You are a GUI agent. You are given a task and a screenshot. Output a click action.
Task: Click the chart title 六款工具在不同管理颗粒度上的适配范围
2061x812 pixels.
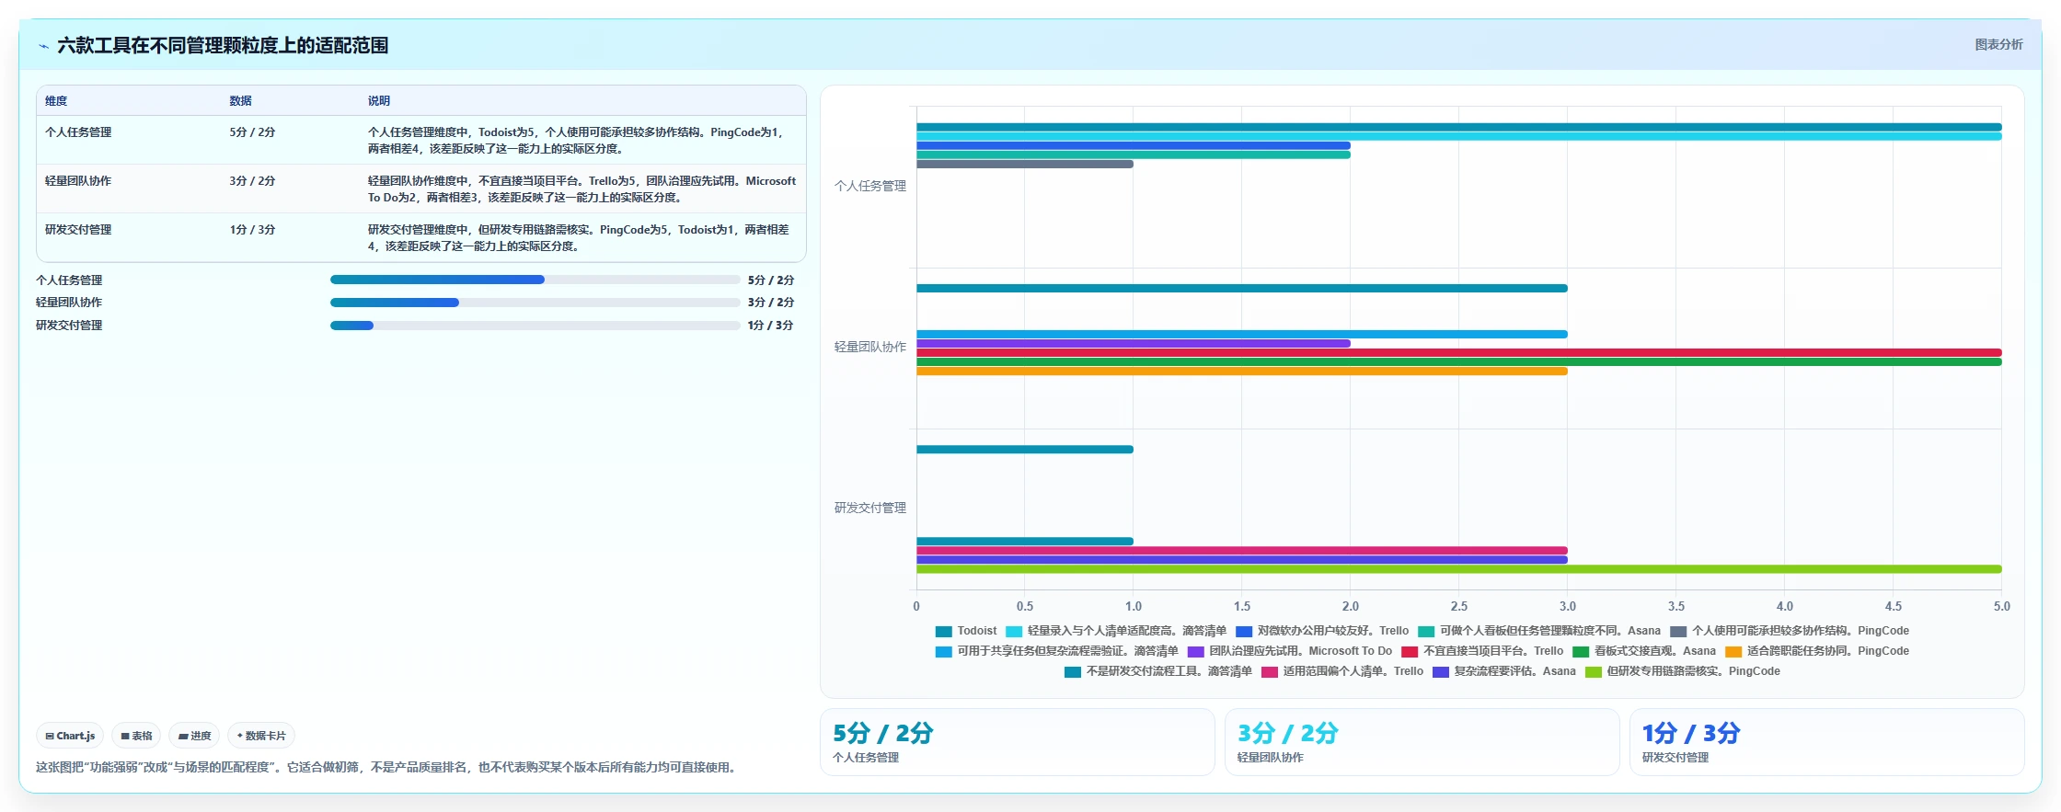(223, 45)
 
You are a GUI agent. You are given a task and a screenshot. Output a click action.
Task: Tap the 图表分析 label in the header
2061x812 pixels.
(1998, 44)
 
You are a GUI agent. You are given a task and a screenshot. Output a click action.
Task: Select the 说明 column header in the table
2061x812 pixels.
(379, 101)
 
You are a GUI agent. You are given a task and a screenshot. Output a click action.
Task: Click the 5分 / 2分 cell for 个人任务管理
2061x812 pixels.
(252, 132)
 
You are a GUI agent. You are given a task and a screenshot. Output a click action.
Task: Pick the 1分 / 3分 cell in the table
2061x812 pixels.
(252, 230)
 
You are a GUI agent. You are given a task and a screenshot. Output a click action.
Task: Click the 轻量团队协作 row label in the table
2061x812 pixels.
(78, 181)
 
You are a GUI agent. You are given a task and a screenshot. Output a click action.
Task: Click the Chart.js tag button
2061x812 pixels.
(70, 736)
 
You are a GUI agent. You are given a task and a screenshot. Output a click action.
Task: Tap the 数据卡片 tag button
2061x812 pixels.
(261, 736)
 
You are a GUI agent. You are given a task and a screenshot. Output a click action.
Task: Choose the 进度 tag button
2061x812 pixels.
(194, 736)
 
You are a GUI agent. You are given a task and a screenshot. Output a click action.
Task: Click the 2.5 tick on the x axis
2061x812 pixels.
(1459, 607)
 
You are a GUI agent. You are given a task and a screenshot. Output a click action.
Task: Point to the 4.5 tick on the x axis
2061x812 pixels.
(1894, 607)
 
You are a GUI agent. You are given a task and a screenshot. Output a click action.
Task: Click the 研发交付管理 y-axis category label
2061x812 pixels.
(870, 508)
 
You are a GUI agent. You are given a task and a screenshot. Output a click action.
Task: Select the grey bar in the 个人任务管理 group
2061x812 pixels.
(1025, 165)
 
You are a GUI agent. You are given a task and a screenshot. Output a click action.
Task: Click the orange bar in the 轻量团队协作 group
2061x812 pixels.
(1242, 372)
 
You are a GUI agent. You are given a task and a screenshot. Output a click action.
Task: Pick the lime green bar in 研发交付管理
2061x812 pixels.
(1459, 569)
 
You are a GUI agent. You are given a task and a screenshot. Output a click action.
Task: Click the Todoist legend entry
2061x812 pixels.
(966, 631)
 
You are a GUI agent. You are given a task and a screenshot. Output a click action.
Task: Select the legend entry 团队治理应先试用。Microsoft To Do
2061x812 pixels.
(1290, 651)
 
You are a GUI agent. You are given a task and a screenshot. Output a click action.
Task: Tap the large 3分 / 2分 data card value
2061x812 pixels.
(1287, 733)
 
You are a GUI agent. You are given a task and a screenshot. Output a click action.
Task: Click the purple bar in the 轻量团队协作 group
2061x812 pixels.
(1134, 344)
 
